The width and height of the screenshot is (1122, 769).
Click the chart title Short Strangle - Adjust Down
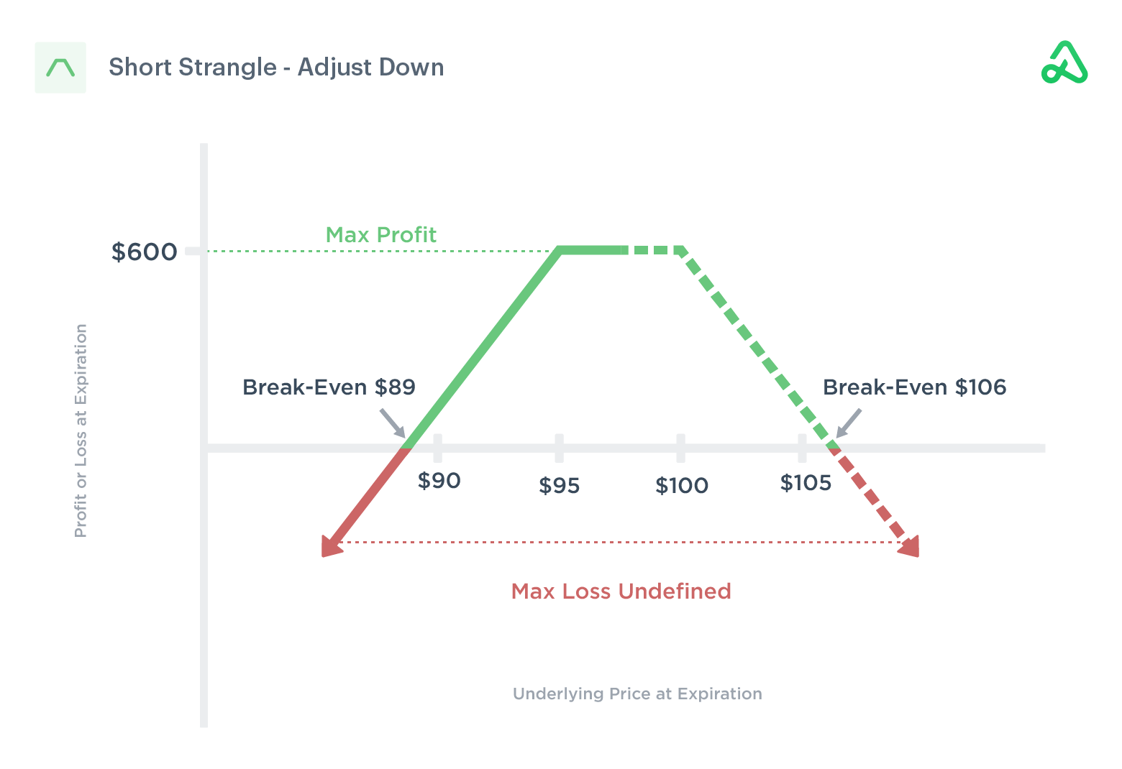(276, 68)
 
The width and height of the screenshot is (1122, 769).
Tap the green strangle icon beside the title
(60, 68)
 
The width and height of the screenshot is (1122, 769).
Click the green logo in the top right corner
(1064, 63)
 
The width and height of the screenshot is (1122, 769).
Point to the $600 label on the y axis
(144, 252)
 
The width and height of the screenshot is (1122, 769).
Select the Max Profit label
(380, 235)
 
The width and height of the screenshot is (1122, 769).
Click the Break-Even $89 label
(329, 387)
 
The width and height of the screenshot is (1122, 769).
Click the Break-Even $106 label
(914, 387)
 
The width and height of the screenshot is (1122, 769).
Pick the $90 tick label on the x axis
(439, 481)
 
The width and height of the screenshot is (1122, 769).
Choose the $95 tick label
(559, 487)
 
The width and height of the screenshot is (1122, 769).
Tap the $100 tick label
(681, 487)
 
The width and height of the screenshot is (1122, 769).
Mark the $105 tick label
(806, 483)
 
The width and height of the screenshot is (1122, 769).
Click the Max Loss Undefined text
(621, 591)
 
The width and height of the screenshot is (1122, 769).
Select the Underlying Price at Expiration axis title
(637, 694)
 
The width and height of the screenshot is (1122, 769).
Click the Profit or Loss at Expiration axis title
(81, 430)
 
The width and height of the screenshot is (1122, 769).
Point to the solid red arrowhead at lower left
(330, 547)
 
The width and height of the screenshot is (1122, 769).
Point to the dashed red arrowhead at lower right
(910, 547)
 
